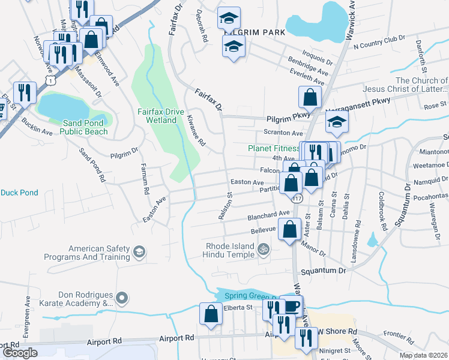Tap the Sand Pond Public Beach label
pos(85,127)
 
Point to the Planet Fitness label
pos(274,148)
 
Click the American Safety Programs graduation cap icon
pos(139,251)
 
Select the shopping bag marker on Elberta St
pos(211,314)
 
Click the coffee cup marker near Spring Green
pos(291,306)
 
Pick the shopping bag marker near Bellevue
pos(289,229)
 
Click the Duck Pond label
pos(19,193)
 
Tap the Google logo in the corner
pos(19,352)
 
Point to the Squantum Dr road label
pos(325,271)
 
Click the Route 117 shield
pos(298,197)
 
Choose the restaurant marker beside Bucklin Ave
pos(25,92)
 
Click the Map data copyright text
pos(423,355)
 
